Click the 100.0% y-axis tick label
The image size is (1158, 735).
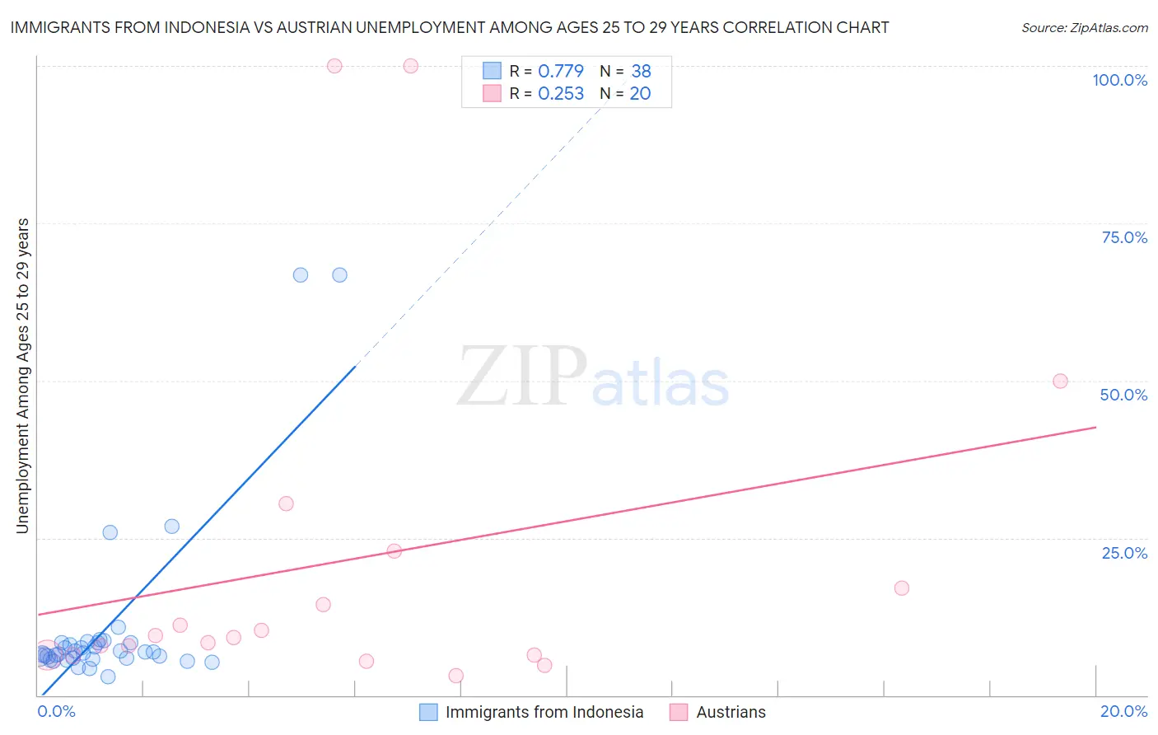1119,80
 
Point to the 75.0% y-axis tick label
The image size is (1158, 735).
1124,237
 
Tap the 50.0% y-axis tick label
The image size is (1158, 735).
1123,395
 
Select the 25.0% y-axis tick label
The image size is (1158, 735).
1124,553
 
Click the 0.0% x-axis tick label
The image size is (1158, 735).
56,711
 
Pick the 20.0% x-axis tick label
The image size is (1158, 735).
1123,711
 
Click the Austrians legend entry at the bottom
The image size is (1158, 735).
730,712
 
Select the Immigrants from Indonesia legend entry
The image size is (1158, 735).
544,712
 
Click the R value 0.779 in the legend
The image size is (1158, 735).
560,72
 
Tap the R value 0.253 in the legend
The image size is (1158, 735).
560,94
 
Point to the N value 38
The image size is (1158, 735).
641,72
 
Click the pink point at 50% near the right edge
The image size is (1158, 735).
1060,382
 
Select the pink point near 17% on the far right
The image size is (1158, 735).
901,588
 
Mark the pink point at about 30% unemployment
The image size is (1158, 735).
286,503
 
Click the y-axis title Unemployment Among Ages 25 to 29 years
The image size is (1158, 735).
22,376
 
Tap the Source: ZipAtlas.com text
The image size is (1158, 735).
1084,28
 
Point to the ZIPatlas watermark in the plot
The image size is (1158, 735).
593,377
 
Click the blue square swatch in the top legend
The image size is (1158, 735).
492,71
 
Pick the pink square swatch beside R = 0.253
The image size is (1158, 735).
492,93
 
